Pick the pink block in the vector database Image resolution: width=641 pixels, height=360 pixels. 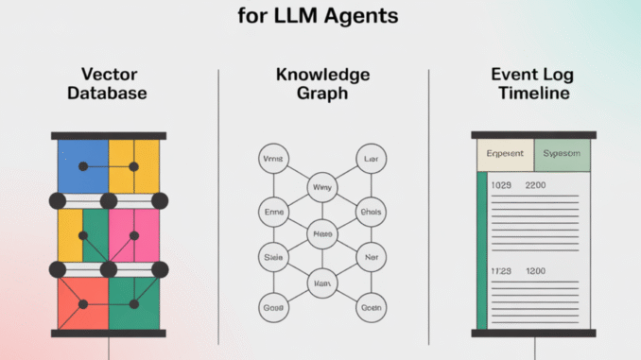(x=133, y=233)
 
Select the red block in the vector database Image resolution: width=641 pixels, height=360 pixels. (x=82, y=302)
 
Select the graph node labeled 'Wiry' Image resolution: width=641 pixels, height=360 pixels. (x=321, y=187)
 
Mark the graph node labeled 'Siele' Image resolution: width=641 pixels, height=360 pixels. (x=274, y=256)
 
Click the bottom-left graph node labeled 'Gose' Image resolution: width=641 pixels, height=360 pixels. (x=274, y=306)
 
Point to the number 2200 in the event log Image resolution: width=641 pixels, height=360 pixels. (x=536, y=186)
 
